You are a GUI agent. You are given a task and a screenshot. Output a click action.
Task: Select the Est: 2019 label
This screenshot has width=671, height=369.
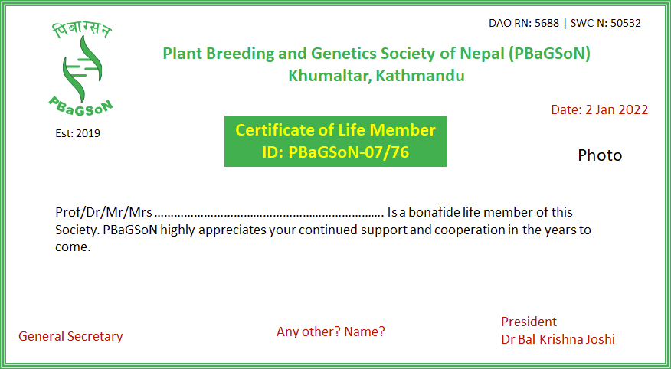point(78,134)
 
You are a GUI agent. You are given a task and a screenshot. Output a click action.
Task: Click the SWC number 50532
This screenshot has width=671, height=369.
point(626,24)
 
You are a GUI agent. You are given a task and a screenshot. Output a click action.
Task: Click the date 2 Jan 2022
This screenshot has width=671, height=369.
point(616,109)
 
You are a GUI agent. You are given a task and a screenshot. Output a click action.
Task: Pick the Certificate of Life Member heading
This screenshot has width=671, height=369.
point(335,130)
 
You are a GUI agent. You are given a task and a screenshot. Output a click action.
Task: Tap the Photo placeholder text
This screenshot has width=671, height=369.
point(600,155)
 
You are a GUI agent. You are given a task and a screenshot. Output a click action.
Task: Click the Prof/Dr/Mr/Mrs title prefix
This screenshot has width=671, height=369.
point(104,213)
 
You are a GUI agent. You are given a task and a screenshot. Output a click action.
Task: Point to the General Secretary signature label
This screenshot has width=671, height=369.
point(70,337)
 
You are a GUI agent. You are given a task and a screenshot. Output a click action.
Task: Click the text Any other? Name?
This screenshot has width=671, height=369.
point(331,331)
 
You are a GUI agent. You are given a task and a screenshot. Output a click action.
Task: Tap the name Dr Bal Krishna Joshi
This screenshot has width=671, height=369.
point(558,339)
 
